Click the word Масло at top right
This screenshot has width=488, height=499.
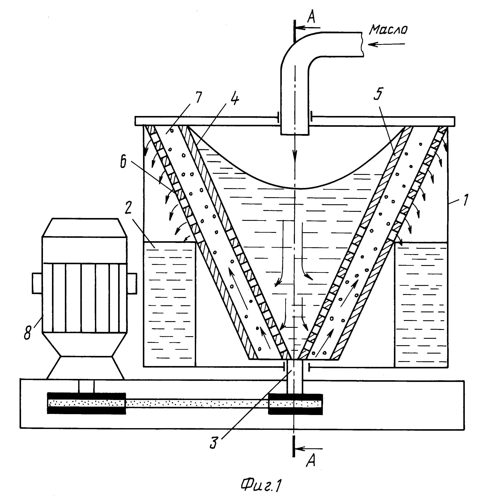pyautogui.click(x=388, y=29)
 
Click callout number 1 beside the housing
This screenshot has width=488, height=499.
pyautogui.click(x=465, y=200)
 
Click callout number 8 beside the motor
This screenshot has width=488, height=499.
pyautogui.click(x=28, y=333)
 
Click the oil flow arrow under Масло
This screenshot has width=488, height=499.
pyautogui.click(x=386, y=44)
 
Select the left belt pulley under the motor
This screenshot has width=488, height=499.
pyautogui.click(x=86, y=403)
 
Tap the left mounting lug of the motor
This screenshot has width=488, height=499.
pyautogui.click(x=37, y=283)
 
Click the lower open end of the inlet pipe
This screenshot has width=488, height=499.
pyautogui.click(x=295, y=134)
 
